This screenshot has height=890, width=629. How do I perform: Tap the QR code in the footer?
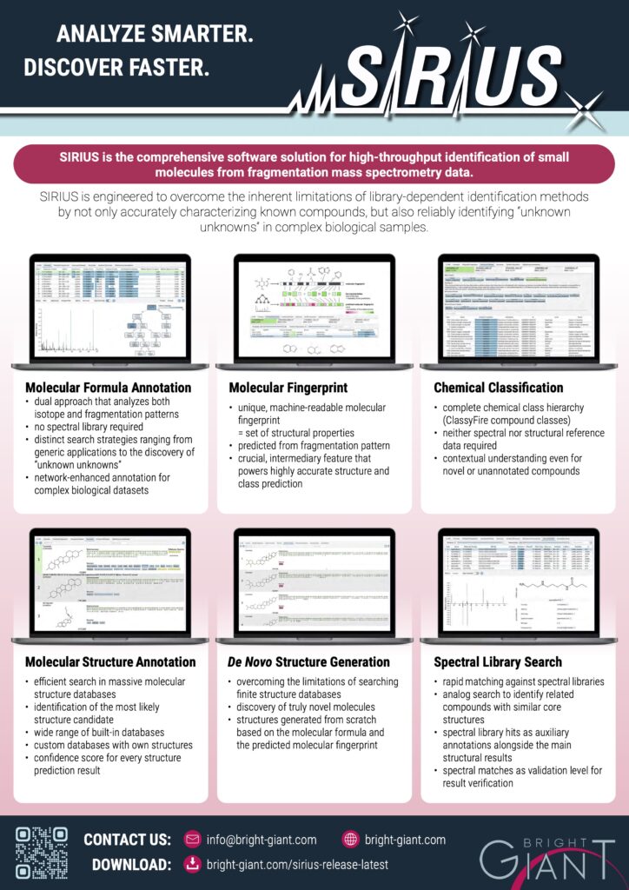tap(42, 852)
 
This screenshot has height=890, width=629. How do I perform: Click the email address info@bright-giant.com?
tap(262, 840)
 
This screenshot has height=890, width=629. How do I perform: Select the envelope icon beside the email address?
tap(193, 840)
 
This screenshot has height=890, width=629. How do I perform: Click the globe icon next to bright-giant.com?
tap(351, 840)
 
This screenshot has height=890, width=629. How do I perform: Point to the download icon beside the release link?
tap(193, 865)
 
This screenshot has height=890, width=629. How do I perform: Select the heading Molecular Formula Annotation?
tap(108, 387)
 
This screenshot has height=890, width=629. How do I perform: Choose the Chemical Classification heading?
tap(499, 387)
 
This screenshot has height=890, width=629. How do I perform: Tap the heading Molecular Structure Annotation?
tap(110, 661)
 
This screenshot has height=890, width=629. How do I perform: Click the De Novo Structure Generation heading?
tap(309, 661)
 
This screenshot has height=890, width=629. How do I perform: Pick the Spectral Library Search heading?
tap(498, 661)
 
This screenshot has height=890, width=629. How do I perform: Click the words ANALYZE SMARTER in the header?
tap(155, 36)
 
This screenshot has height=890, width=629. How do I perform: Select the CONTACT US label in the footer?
tap(127, 840)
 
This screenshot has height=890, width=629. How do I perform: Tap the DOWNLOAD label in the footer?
tap(131, 865)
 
